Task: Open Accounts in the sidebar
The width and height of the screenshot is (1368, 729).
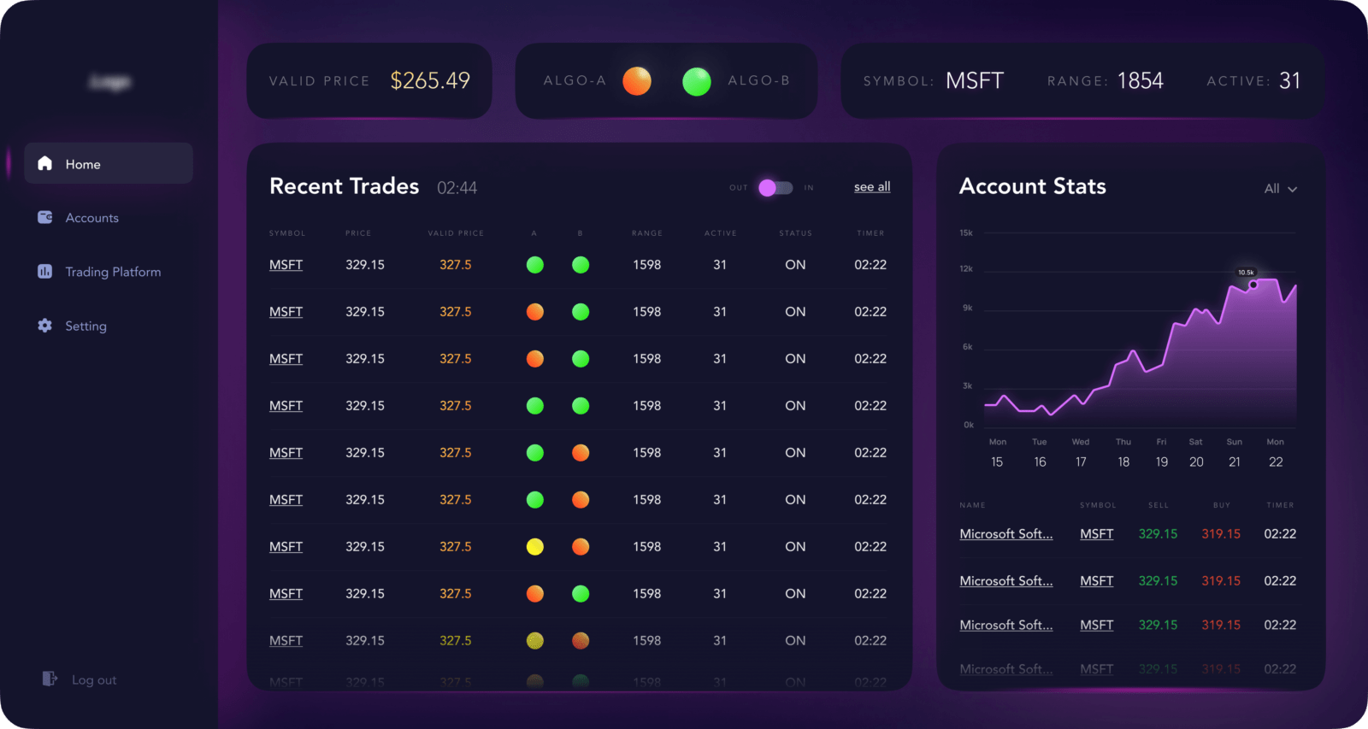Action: [x=91, y=218]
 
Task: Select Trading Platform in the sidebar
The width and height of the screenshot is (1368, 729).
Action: [x=112, y=272]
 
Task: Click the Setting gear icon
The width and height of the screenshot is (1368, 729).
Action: [x=45, y=326]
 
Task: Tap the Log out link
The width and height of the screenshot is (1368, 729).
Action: [x=93, y=680]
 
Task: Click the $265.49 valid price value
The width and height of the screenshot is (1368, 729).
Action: [x=430, y=80]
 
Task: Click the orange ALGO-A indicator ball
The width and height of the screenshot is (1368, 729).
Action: [x=637, y=81]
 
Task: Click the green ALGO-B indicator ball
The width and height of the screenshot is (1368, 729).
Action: [x=697, y=81]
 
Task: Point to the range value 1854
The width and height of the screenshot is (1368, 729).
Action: [x=1140, y=81]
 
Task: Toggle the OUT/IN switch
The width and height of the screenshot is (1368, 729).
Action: [x=775, y=187]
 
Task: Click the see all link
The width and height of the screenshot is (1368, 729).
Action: [x=872, y=187]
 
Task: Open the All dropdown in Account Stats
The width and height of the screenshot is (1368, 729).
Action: [x=1280, y=189]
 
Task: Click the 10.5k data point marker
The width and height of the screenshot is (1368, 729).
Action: [x=1253, y=285]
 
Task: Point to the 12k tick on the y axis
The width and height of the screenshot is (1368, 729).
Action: [x=966, y=268]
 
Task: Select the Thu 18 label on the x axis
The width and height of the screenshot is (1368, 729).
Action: [x=1123, y=453]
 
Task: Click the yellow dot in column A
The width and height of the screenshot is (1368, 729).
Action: [x=535, y=547]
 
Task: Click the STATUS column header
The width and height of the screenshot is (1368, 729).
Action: [x=795, y=233]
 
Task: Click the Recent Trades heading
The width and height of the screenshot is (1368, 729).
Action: [x=344, y=186]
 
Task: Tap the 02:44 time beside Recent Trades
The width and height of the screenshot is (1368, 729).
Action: [x=457, y=188]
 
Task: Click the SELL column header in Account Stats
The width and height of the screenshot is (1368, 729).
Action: [x=1159, y=505]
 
